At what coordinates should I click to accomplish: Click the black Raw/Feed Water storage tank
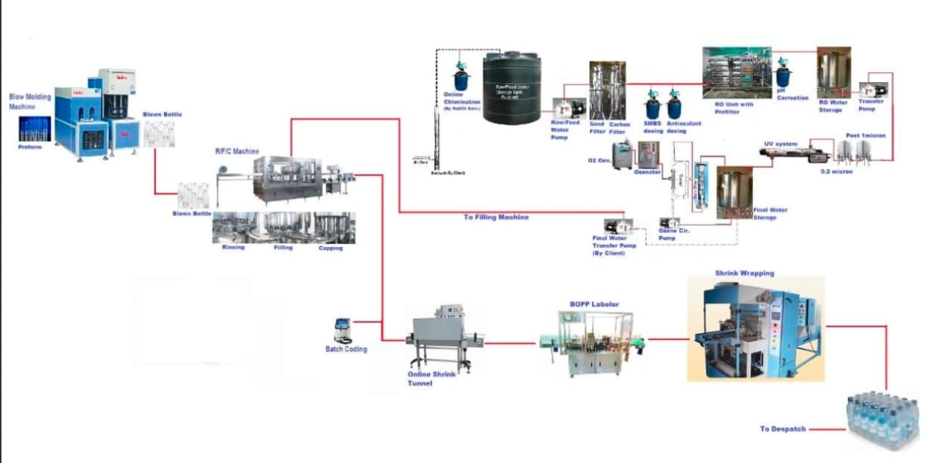511,88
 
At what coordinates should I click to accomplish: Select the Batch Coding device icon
342,330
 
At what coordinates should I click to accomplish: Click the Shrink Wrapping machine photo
755,330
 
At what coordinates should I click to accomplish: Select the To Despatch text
783,429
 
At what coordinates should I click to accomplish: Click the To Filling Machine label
496,218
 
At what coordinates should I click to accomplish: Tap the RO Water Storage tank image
833,72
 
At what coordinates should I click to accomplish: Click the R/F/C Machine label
237,152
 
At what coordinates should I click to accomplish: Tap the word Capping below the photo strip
330,248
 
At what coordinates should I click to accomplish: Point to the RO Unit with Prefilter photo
736,73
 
